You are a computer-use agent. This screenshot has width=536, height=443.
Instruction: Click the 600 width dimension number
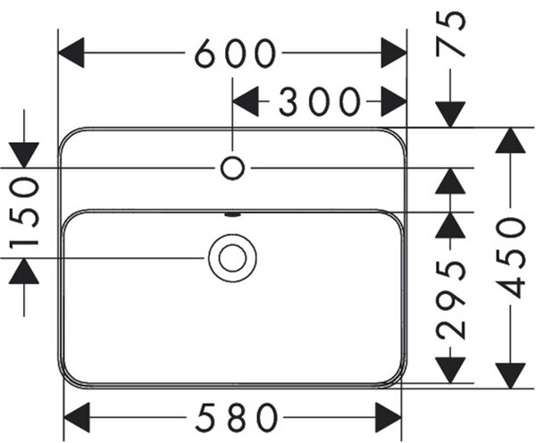pos(235,53)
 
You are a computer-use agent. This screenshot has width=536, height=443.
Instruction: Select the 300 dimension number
pos(320,102)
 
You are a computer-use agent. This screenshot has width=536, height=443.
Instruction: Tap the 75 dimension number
pos(450,33)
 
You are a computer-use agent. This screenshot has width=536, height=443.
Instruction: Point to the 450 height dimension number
pos(510,258)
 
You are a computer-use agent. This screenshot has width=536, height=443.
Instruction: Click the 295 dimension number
pos(450,299)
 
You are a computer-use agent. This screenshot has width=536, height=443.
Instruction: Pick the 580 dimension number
pos(236,417)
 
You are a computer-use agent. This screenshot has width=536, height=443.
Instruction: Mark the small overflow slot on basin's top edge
pos(232,215)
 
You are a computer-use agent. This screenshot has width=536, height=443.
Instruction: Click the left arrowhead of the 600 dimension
pos(71,53)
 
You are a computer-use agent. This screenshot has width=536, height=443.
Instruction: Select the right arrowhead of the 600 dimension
pos(394,53)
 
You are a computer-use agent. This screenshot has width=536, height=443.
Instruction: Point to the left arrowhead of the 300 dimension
pos(246,102)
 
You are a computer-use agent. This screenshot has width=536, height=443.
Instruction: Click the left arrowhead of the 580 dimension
pos(77,417)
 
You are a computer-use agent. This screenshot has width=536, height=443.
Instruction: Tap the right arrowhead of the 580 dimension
pos(389,417)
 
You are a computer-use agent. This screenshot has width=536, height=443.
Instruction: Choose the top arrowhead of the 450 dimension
pos(510,140)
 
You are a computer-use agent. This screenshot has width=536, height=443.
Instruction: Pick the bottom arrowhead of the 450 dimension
pos(510,376)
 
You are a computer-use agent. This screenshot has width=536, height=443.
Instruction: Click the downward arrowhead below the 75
pos(450,114)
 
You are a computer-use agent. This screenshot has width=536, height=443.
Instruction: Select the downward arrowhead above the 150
pos(24,155)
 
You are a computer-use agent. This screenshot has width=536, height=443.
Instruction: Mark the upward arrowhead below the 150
pos(24,271)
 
